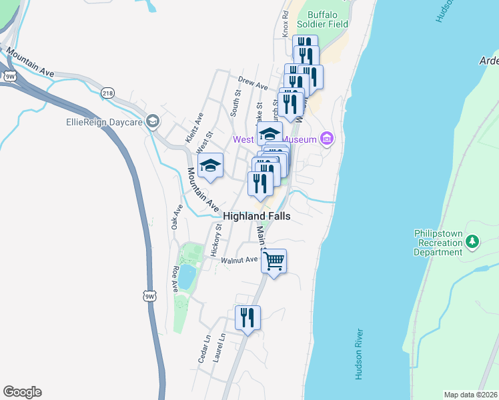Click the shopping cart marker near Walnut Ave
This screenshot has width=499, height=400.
[x=274, y=261]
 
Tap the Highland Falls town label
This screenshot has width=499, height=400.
[x=257, y=216]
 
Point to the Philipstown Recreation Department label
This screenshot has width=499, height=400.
[x=438, y=243]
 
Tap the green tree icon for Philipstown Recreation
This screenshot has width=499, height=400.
[x=472, y=241]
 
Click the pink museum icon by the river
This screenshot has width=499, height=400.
[x=327, y=139]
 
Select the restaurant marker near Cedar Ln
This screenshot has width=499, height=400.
[x=247, y=318]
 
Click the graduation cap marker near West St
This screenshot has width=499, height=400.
[x=210, y=165]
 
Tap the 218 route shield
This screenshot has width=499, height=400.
[x=108, y=94]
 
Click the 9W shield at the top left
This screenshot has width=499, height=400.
[x=10, y=76]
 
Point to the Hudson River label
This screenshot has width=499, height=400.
[x=359, y=354]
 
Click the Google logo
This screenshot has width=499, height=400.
[x=22, y=392]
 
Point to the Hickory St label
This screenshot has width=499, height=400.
[x=215, y=240]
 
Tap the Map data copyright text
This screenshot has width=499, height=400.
[x=471, y=395]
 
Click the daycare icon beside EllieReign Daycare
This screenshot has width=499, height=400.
[x=153, y=122]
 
